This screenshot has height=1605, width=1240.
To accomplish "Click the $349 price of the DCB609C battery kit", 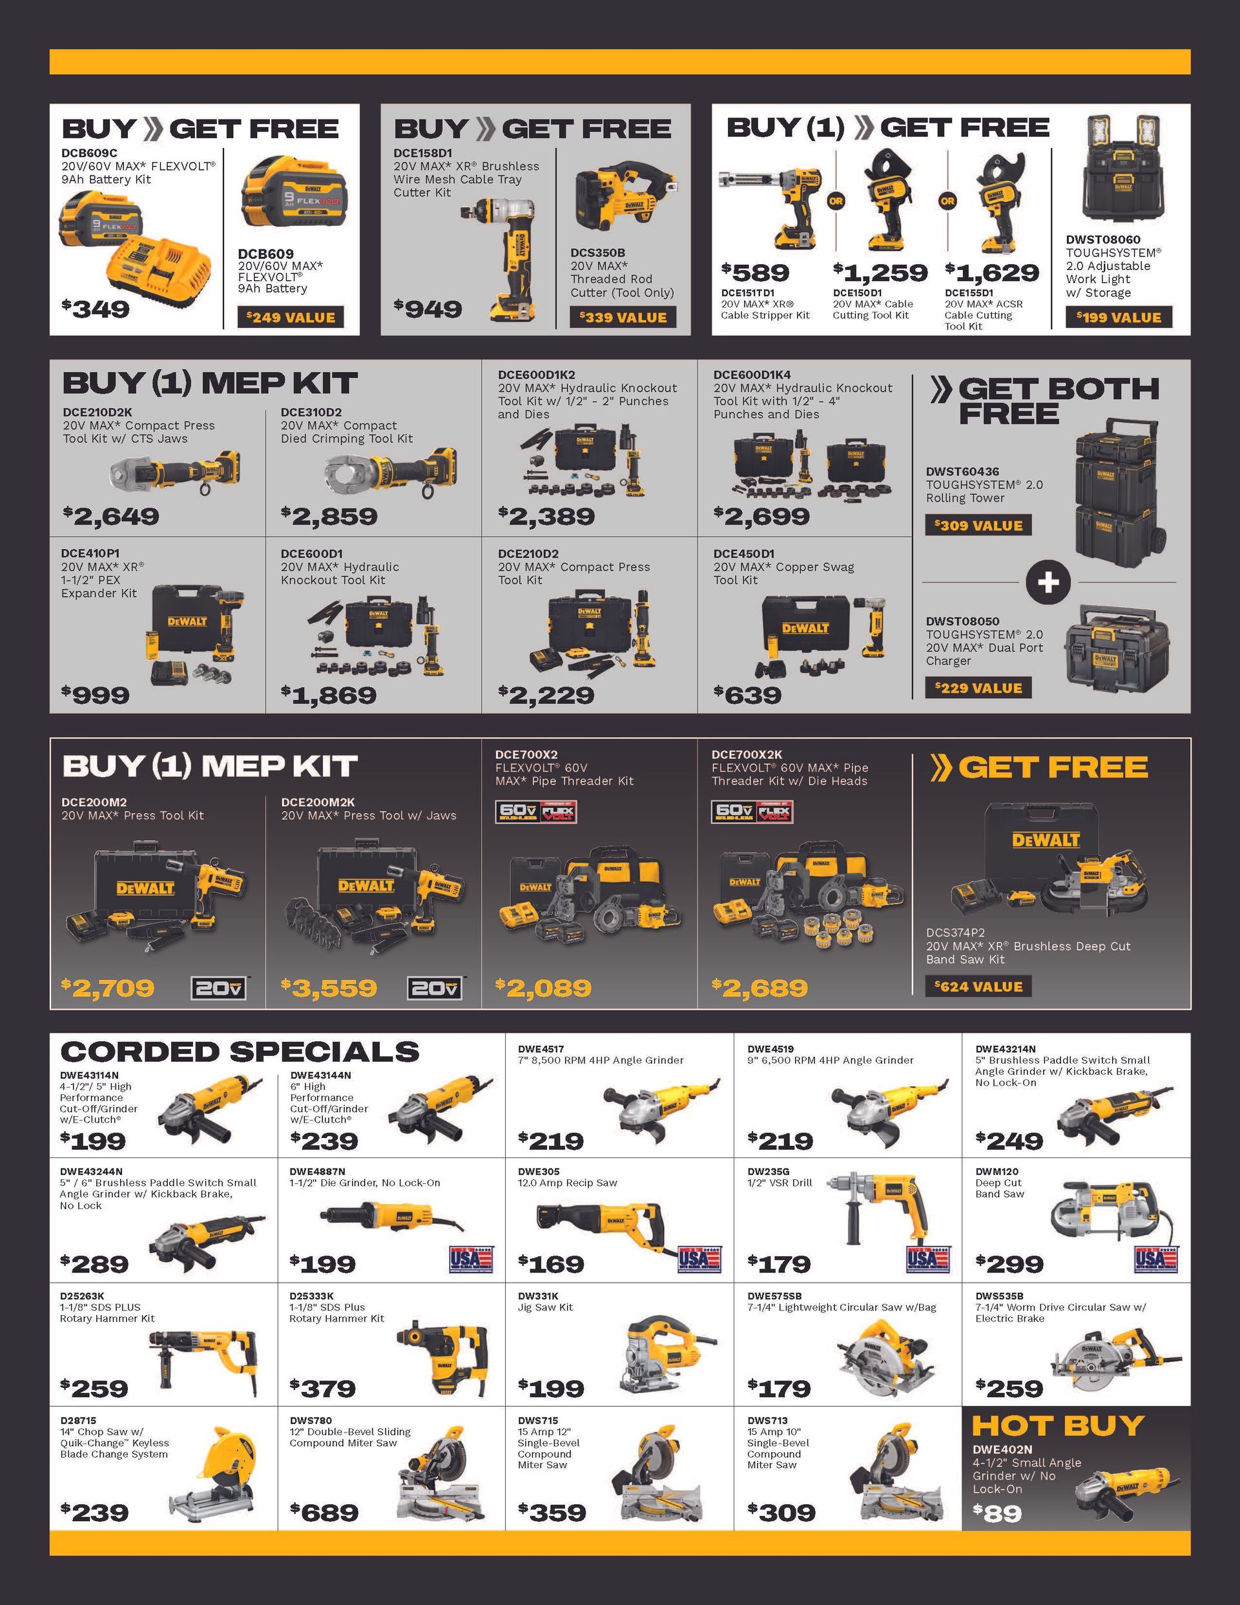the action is click(x=96, y=309).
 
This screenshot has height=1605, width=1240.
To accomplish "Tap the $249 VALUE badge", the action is click(x=291, y=318).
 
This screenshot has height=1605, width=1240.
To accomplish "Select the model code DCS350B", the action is click(x=597, y=253).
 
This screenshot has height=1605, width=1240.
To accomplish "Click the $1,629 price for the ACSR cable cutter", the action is click(x=991, y=273).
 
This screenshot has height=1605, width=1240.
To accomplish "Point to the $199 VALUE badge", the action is click(x=1118, y=318).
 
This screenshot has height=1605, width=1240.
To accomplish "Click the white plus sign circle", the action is click(x=1048, y=582).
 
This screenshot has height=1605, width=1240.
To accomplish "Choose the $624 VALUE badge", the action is click(x=978, y=986).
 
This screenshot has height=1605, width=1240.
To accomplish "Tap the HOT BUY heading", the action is click(x=1058, y=1425).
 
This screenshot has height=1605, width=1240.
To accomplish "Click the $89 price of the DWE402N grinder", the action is click(x=997, y=1513).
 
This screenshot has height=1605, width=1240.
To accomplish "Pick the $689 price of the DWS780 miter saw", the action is click(x=324, y=1513).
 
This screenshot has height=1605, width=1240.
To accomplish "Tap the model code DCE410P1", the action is click(x=90, y=554).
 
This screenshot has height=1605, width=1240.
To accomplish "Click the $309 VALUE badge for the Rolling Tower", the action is click(x=978, y=526).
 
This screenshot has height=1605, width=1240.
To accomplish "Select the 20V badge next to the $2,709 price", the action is click(x=218, y=988).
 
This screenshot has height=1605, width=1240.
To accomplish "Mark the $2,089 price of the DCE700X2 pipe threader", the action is click(x=543, y=988).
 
